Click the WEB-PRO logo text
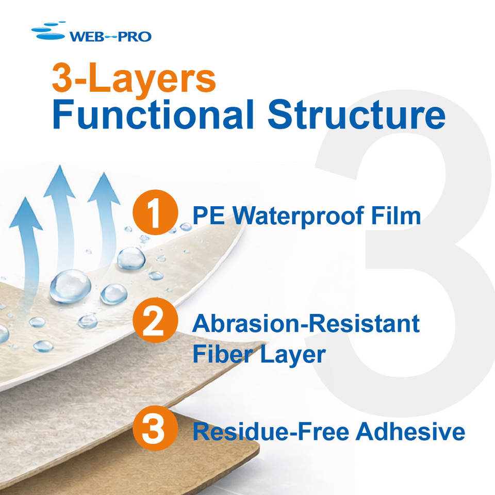click(x=110, y=37)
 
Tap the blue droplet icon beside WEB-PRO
click(x=49, y=31)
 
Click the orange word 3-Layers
click(x=134, y=78)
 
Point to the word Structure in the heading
click(x=357, y=114)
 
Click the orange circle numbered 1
click(x=155, y=212)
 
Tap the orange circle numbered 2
click(x=155, y=320)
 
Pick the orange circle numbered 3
click(x=155, y=428)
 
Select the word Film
click(x=396, y=216)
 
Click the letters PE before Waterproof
click(x=209, y=216)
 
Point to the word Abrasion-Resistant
click(x=306, y=324)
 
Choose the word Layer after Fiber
click(x=293, y=355)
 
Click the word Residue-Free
click(x=271, y=432)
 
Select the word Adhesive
click(x=410, y=432)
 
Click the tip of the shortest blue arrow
click(x=25, y=197)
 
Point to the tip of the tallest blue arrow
click(x=59, y=166)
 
